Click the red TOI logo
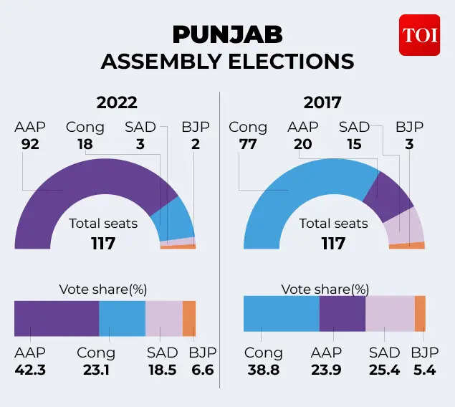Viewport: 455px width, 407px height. click(x=419, y=34)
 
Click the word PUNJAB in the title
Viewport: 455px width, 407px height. click(x=227, y=34)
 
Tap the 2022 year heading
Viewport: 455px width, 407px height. click(x=117, y=102)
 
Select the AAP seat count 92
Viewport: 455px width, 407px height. click(x=29, y=144)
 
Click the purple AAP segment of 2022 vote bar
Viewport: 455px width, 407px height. click(x=57, y=318)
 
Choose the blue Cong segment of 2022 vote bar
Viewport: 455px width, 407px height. click(x=122, y=318)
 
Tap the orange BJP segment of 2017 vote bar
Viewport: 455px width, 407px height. click(x=420, y=313)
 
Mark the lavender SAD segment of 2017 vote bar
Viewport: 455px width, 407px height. click(x=390, y=313)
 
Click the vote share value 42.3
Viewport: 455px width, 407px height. click(x=29, y=370)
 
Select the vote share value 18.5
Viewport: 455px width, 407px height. click(x=162, y=370)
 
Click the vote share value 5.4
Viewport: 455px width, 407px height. click(x=425, y=370)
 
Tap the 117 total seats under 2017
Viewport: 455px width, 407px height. click(x=333, y=243)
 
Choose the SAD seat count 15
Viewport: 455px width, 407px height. click(x=354, y=144)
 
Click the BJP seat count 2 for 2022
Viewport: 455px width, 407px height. click(x=196, y=144)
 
